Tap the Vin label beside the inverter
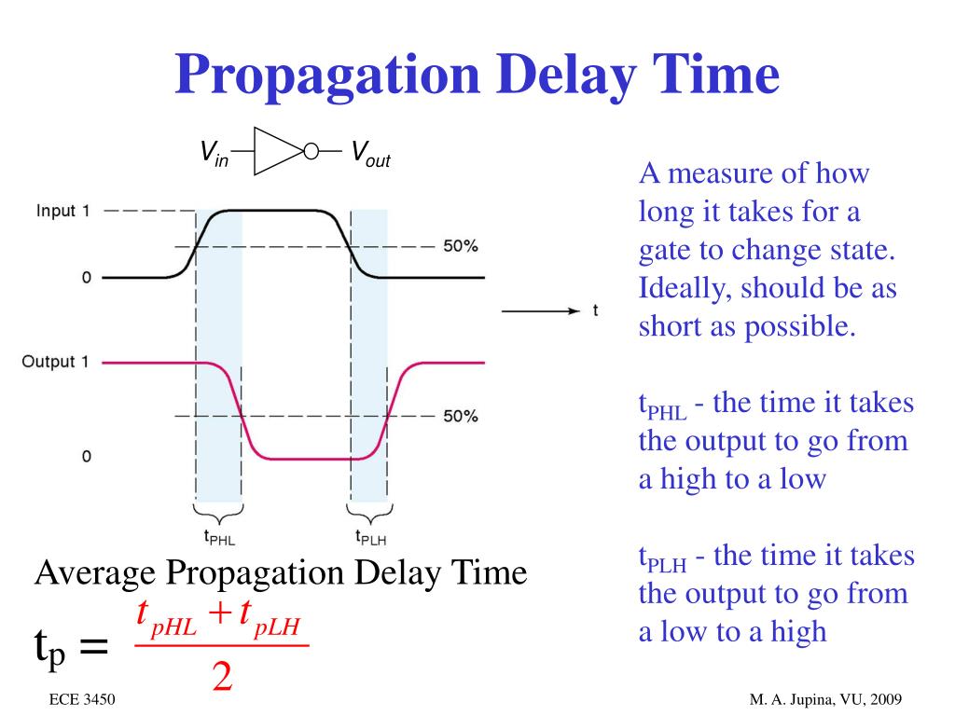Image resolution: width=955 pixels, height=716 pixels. (x=215, y=153)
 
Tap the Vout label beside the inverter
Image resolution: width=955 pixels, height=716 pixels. (x=369, y=153)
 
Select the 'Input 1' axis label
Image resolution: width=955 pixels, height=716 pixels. (x=62, y=212)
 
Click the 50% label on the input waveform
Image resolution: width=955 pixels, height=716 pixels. (x=460, y=247)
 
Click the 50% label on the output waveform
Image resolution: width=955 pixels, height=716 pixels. (x=460, y=417)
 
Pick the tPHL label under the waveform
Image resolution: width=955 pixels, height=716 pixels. (x=219, y=537)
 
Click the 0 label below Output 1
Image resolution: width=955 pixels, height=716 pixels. (x=86, y=457)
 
